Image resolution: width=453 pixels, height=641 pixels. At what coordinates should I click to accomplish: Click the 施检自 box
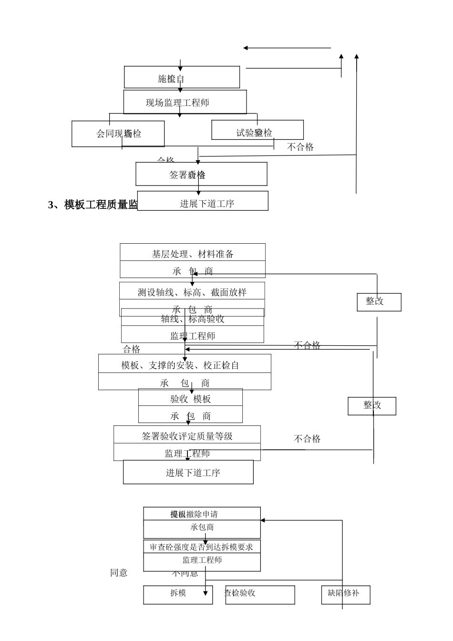182,77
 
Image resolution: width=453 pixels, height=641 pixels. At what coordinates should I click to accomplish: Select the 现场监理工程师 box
185,102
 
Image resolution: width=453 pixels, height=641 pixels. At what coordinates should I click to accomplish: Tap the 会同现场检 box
118,134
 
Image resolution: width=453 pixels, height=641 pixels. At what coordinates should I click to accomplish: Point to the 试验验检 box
257,130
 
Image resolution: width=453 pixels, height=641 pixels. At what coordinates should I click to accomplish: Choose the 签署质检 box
201,174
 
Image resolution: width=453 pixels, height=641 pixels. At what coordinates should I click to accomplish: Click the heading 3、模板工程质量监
93,205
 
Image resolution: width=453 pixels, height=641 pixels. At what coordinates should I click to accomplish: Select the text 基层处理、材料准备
193,253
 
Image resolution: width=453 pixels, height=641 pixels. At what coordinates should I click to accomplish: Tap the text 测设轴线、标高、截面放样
192,292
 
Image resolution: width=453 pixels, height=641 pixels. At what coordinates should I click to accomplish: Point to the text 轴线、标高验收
193,319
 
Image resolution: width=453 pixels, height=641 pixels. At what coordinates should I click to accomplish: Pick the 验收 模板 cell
190,398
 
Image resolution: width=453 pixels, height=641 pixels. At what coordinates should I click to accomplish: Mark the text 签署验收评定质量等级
187,435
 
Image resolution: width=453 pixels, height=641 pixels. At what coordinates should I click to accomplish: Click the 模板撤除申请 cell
202,514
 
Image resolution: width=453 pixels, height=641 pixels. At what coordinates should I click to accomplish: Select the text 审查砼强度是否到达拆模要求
202,547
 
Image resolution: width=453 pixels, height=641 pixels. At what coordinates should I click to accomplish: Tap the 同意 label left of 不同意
119,572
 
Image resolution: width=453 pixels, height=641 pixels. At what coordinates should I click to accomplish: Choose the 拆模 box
178,594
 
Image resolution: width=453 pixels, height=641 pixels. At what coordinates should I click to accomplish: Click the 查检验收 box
260,594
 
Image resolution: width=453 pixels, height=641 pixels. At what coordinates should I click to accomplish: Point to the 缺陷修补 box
346,594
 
